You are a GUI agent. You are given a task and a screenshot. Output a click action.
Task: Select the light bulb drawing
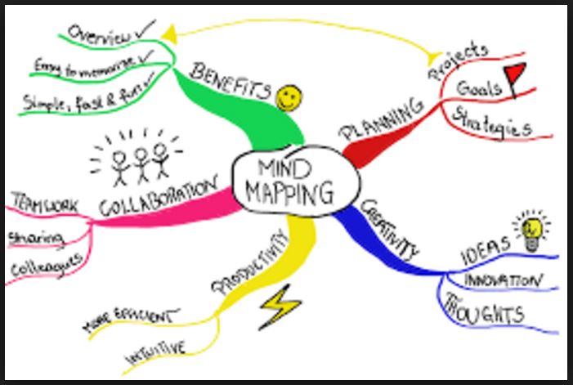[x=531, y=229]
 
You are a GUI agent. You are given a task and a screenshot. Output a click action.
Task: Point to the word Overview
[x=100, y=35]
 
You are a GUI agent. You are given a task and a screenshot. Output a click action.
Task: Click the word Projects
[x=458, y=60]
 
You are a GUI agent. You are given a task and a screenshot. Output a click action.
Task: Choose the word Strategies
[x=492, y=123]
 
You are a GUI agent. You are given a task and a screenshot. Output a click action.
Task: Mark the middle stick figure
[x=141, y=156]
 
